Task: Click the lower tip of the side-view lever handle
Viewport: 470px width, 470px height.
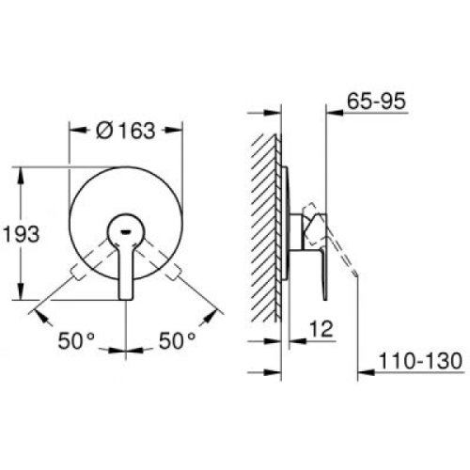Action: (324, 298)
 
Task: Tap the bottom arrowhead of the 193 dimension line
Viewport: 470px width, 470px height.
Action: (23, 297)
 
